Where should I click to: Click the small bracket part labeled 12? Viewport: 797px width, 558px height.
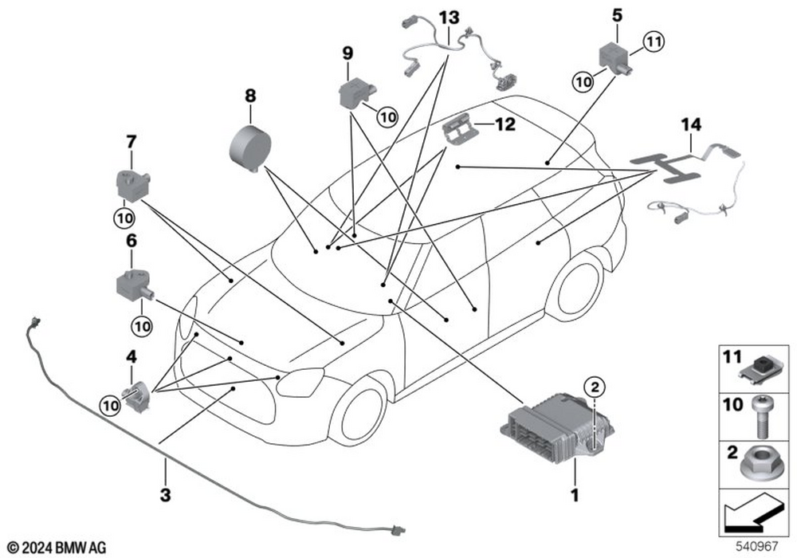(x=458, y=129)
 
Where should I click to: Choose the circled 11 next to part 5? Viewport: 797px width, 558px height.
(x=653, y=41)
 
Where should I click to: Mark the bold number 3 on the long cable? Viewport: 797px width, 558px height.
(x=165, y=495)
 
